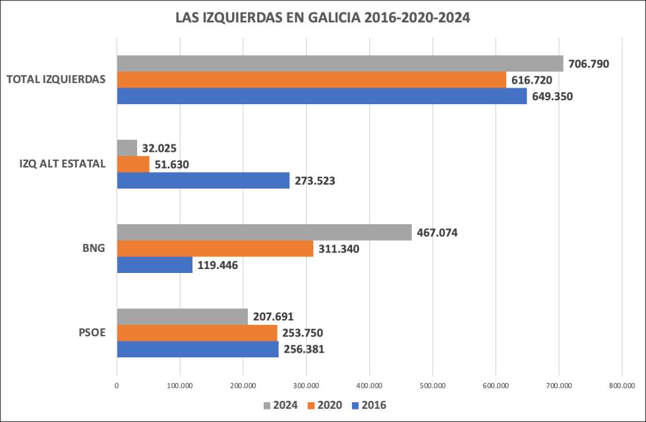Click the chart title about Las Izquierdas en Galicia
322,18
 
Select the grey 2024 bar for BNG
264,232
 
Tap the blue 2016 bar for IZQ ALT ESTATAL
203,180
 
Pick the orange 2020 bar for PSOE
197,333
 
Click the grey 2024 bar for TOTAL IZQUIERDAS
340,63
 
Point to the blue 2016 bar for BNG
155,265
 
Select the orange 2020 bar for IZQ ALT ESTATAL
133,164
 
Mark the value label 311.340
339,249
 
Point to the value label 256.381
304,349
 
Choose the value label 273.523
314,181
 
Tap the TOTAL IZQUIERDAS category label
56,79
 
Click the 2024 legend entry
280,405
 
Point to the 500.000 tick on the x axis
432,386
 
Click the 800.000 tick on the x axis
622,386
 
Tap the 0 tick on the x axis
117,386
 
